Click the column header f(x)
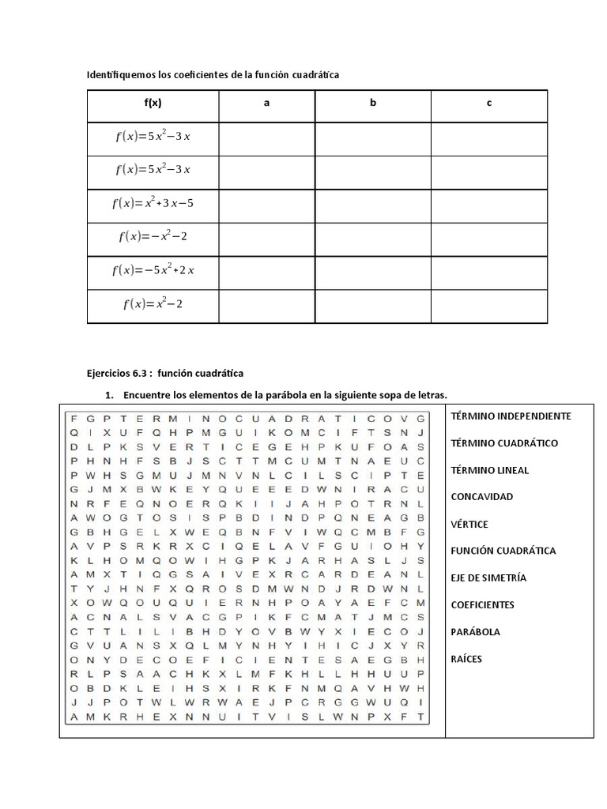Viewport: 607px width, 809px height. pyautogui.click(x=153, y=103)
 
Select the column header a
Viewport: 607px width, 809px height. pyautogui.click(x=266, y=103)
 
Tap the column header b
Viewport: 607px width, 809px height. pyautogui.click(x=372, y=103)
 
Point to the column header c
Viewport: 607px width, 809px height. pyautogui.click(x=489, y=103)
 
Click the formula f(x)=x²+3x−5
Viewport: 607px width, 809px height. pyautogui.click(x=153, y=203)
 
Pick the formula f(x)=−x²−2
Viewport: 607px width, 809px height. pyautogui.click(x=153, y=236)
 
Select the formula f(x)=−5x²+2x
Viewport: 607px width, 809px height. pyautogui.click(x=153, y=270)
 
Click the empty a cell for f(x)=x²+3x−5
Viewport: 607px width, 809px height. pyautogui.click(x=266, y=204)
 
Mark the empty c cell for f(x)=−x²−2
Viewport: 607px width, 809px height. pyautogui.click(x=489, y=237)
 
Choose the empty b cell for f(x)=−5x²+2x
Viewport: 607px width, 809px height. pyautogui.click(x=372, y=271)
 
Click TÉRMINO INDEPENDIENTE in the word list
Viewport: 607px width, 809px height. pyautogui.click(x=511, y=416)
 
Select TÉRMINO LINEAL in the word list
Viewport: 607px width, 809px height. pyautogui.click(x=489, y=470)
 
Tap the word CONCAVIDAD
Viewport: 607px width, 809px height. pyautogui.click(x=481, y=497)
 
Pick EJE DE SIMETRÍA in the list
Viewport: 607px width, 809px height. pyautogui.click(x=488, y=578)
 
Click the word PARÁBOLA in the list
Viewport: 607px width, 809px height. pyautogui.click(x=475, y=632)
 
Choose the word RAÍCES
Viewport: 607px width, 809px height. pyautogui.click(x=466, y=659)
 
